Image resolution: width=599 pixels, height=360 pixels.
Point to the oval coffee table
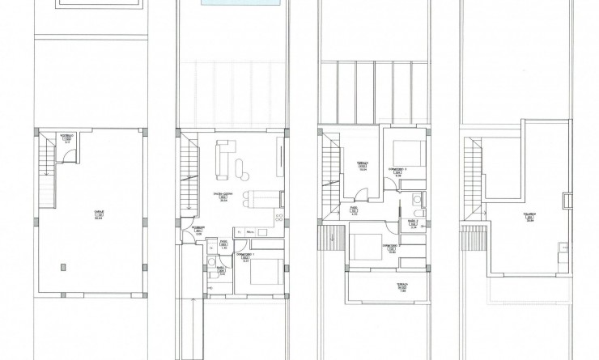(241, 167)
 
